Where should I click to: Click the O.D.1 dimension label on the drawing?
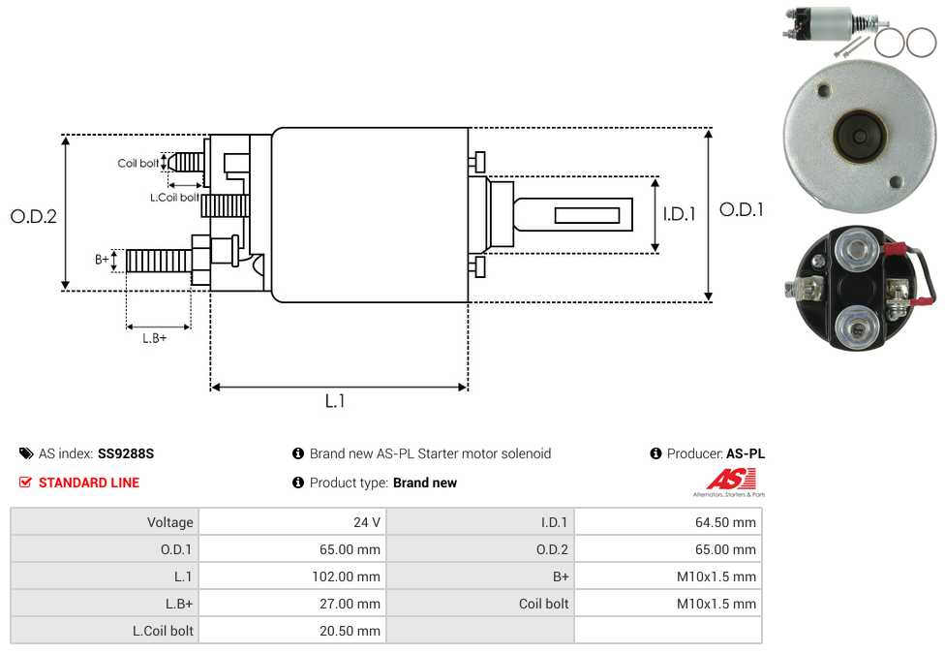coord(742,208)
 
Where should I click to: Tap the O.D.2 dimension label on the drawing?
coord(34,217)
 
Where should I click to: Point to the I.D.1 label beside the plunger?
coord(679,214)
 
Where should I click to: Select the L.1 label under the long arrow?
coord(335,401)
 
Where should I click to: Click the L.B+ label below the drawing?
coord(155,338)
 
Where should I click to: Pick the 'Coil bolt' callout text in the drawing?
coord(138,164)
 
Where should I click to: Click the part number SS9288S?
coord(126,453)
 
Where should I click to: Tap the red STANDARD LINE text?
coord(89,483)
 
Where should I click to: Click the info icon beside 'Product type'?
coord(298,483)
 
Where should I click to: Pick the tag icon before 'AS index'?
coord(26,453)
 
